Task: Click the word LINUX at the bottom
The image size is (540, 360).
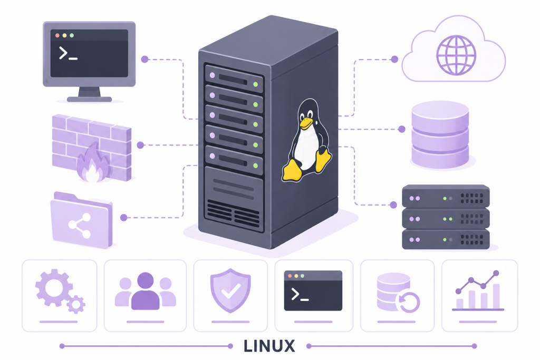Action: point(269,346)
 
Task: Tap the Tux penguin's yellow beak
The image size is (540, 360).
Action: point(305,122)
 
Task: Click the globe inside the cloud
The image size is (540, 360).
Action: point(456,55)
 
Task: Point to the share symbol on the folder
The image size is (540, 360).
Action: point(80,226)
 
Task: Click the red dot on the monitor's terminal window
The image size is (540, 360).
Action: point(57,35)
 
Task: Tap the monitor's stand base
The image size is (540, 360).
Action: point(89,99)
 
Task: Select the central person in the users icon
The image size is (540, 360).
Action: point(146,291)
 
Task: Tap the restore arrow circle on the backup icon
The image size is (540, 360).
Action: point(409,302)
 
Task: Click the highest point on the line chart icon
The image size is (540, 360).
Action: point(496,273)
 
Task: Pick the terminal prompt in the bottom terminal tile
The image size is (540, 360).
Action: point(300,295)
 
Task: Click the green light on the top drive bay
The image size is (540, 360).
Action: point(256,84)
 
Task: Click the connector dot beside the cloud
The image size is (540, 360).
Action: point(394,59)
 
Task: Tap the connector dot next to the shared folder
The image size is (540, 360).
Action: point(124,218)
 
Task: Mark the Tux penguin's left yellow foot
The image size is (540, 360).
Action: point(291,171)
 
